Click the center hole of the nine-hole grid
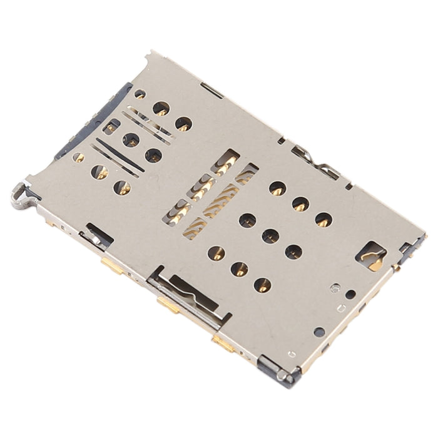point(270,236)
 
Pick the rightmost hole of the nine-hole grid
point(323,220)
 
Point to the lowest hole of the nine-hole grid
point(263,285)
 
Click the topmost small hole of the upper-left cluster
point(140,94)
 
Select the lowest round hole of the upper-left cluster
point(123,187)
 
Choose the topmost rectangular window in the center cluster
point(225,161)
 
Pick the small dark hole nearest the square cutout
point(350,294)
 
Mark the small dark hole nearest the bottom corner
point(319,332)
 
